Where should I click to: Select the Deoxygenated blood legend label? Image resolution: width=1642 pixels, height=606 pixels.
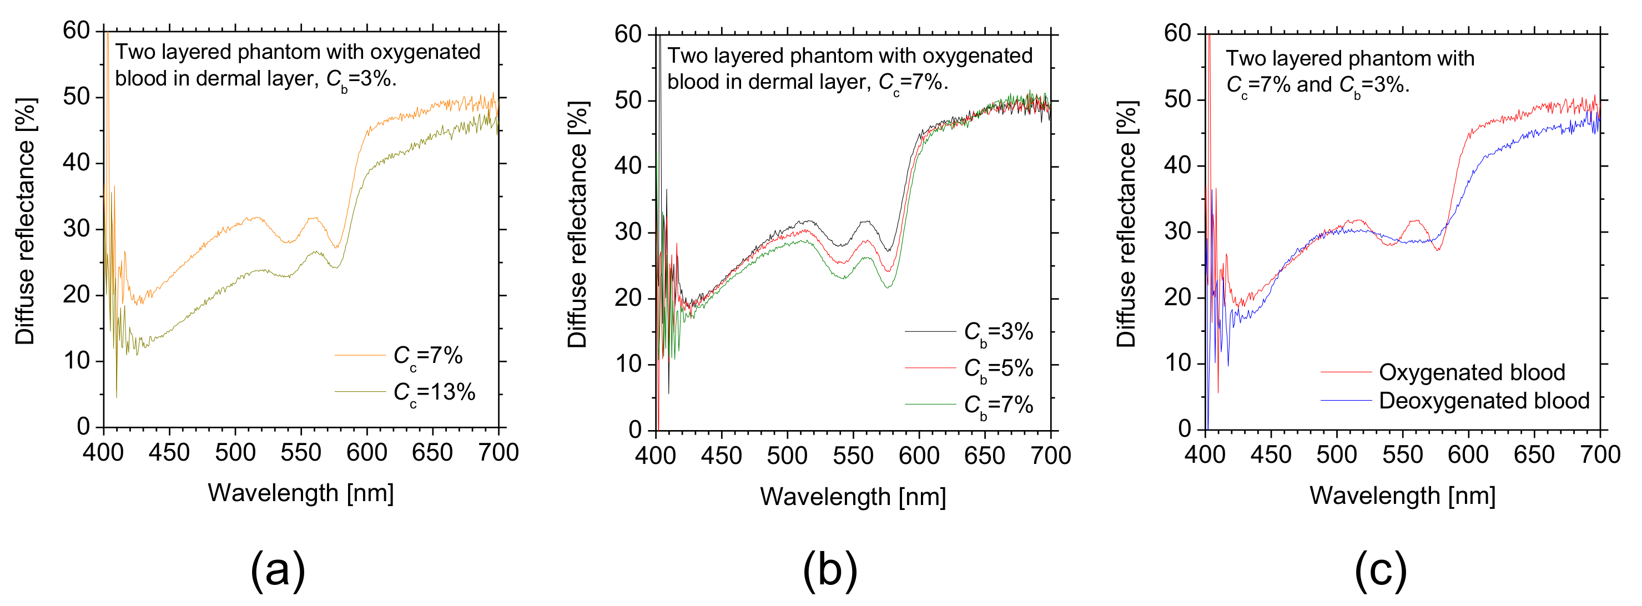tap(1484, 401)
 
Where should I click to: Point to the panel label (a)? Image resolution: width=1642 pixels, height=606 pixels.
tap(278, 569)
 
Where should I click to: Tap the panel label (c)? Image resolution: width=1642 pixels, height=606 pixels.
tap(1381, 569)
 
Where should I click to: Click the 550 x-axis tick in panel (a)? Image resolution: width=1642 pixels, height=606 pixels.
tap(301, 452)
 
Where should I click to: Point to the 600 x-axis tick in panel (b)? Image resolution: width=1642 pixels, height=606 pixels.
tap(919, 456)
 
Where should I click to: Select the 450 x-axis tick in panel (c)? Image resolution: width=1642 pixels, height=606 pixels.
tap(1271, 454)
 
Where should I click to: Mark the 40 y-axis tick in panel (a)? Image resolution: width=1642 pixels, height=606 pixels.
tap(77, 163)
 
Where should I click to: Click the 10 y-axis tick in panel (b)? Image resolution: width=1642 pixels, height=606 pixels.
tap(628, 364)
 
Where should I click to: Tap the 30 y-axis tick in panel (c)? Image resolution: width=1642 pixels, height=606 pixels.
tap(1177, 231)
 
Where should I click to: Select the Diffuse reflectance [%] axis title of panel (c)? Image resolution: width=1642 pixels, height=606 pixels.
tap(1126, 224)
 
